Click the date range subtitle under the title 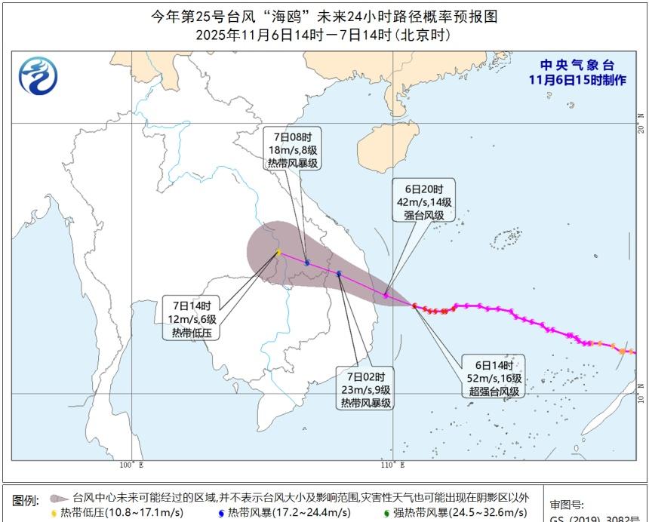[x=324, y=35]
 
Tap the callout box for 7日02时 [x=365, y=389]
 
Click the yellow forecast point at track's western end [x=278, y=252]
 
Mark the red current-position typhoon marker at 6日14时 [x=414, y=306]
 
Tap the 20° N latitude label [x=641, y=123]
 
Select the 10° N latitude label [x=641, y=393]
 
